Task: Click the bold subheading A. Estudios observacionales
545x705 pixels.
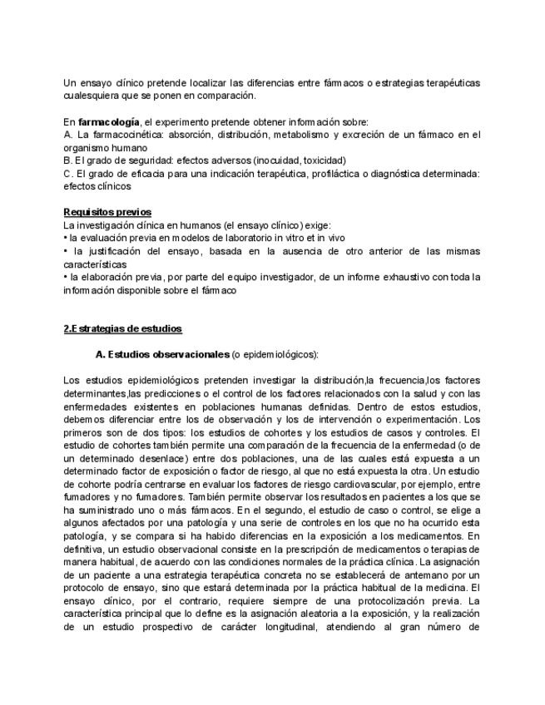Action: pos(162,355)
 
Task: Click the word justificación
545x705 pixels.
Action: pos(115,251)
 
